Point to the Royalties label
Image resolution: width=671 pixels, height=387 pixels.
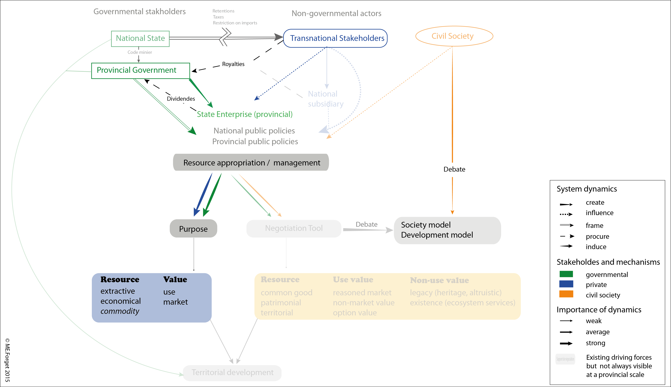pyautogui.click(x=233, y=64)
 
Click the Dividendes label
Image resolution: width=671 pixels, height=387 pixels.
pyautogui.click(x=181, y=99)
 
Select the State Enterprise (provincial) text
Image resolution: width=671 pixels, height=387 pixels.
pyautogui.click(x=244, y=114)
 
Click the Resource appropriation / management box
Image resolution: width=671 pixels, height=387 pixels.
pyautogui.click(x=251, y=162)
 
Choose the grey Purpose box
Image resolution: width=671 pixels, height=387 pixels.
pyautogui.click(x=193, y=229)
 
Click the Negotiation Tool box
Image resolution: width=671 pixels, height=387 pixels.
pyautogui.click(x=294, y=228)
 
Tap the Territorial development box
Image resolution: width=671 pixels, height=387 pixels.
pyautogui.click(x=232, y=373)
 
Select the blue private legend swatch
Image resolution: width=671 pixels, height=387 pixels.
pyautogui.click(x=566, y=284)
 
